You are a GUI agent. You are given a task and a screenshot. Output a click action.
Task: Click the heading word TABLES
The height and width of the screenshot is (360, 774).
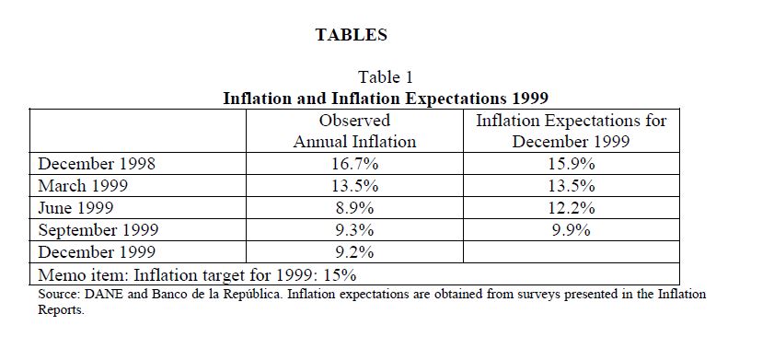pyautogui.click(x=351, y=35)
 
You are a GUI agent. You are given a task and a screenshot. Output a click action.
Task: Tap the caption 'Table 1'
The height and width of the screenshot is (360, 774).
pyautogui.click(x=386, y=77)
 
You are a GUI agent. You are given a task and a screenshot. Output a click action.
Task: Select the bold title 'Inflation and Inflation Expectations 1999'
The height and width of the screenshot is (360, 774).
pyautogui.click(x=386, y=98)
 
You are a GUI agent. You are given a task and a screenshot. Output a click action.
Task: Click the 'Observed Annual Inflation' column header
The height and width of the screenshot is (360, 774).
pyautogui.click(x=354, y=131)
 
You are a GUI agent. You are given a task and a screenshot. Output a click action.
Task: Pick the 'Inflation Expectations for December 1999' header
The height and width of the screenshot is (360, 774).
pyautogui.click(x=572, y=131)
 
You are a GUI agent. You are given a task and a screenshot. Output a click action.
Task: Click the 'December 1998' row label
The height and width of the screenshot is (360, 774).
pyautogui.click(x=97, y=164)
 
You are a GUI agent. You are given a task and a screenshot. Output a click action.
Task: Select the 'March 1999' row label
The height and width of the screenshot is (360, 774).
pyautogui.click(x=83, y=186)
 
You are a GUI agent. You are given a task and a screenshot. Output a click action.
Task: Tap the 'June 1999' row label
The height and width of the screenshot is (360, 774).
pyautogui.click(x=76, y=208)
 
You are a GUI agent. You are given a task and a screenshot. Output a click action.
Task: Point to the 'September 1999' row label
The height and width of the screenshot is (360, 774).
pyautogui.click(x=98, y=230)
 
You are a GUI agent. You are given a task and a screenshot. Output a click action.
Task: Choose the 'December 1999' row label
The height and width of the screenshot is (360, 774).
pyautogui.click(x=97, y=252)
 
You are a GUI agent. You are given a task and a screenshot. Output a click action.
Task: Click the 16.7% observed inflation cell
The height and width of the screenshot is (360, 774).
pyautogui.click(x=354, y=164)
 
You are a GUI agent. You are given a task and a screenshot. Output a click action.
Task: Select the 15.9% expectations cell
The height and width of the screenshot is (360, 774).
pyautogui.click(x=572, y=164)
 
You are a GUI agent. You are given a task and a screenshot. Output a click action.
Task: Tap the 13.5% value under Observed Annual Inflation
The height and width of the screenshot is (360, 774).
pyautogui.click(x=354, y=186)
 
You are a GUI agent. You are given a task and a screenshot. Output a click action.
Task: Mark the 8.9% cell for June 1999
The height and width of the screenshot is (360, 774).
pyautogui.click(x=354, y=208)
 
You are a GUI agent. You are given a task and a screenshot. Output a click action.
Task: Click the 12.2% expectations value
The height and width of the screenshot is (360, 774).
pyautogui.click(x=572, y=208)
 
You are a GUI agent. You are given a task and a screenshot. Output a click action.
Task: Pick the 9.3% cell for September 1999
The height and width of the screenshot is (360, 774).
pyautogui.click(x=354, y=230)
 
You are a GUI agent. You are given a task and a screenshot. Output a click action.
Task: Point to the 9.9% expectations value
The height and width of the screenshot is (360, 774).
pyautogui.click(x=572, y=230)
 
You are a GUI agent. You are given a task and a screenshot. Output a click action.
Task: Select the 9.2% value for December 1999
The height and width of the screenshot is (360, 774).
pyautogui.click(x=354, y=252)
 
